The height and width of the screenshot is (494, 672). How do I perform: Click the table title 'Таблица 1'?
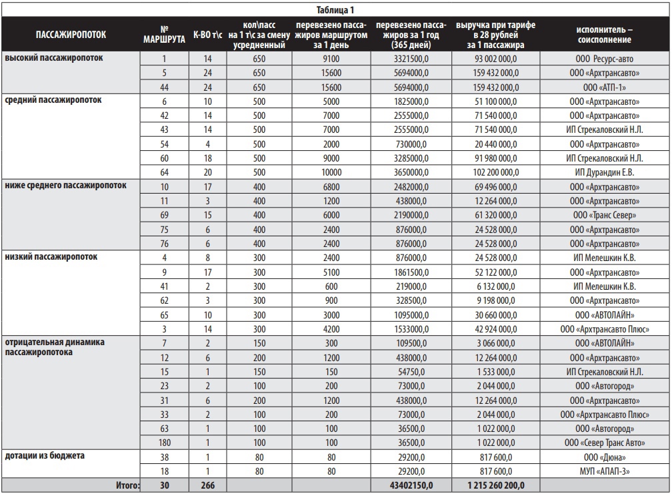pos(335,9)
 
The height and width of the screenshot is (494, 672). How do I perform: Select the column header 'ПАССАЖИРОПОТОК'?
pos(71,34)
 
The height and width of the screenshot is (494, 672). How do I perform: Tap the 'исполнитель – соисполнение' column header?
pos(605,34)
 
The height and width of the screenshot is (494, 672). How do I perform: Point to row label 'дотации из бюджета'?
pos(46,456)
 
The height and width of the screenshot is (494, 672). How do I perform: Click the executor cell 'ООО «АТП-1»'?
pos(605,87)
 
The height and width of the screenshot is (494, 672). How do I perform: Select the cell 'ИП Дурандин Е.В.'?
pos(605,172)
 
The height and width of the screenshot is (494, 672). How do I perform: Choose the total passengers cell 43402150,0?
pos(404,486)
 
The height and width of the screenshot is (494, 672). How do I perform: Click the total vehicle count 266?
pos(207,486)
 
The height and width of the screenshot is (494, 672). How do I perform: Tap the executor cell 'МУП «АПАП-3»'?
pos(605,470)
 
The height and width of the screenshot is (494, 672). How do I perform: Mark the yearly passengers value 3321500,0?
pos(404,59)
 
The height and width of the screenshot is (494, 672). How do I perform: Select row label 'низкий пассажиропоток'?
pos(51,256)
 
